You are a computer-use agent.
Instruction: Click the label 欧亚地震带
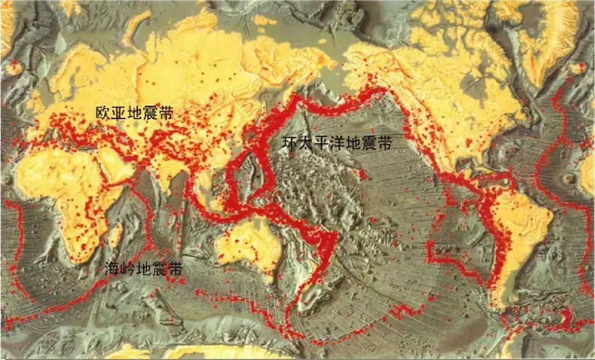click(x=133, y=114)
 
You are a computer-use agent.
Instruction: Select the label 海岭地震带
click(x=143, y=269)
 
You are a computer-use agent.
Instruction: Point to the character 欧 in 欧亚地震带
click(x=102, y=114)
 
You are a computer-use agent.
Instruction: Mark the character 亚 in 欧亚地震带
click(x=118, y=114)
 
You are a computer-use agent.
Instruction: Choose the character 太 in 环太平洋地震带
click(x=305, y=144)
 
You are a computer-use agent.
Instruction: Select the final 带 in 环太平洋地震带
click(x=385, y=144)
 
